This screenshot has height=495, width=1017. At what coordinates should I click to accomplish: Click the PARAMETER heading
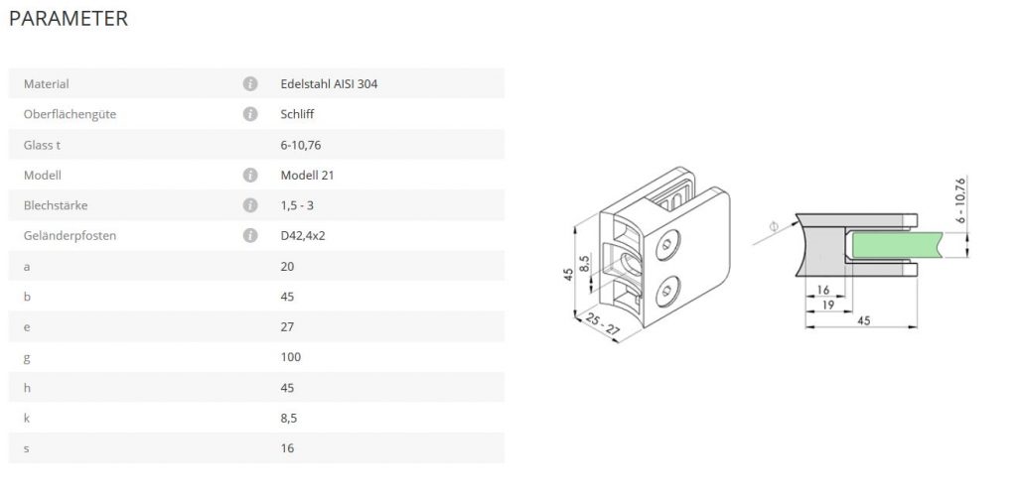click(x=69, y=18)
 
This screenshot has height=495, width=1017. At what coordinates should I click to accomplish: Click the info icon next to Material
click(x=250, y=83)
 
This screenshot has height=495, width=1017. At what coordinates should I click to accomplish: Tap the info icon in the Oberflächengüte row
click(x=250, y=114)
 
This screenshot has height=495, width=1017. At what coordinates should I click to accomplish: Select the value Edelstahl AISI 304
click(x=329, y=83)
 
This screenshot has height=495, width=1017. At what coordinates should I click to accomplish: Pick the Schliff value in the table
click(x=297, y=114)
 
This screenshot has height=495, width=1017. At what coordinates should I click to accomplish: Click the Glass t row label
click(x=42, y=145)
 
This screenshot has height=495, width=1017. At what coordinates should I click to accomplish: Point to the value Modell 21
click(x=308, y=175)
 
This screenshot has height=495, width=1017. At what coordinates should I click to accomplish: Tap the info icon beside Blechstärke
click(x=250, y=205)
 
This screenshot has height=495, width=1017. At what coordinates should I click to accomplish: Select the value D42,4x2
click(x=303, y=235)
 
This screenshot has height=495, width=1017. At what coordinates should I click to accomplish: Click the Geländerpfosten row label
click(x=71, y=235)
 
